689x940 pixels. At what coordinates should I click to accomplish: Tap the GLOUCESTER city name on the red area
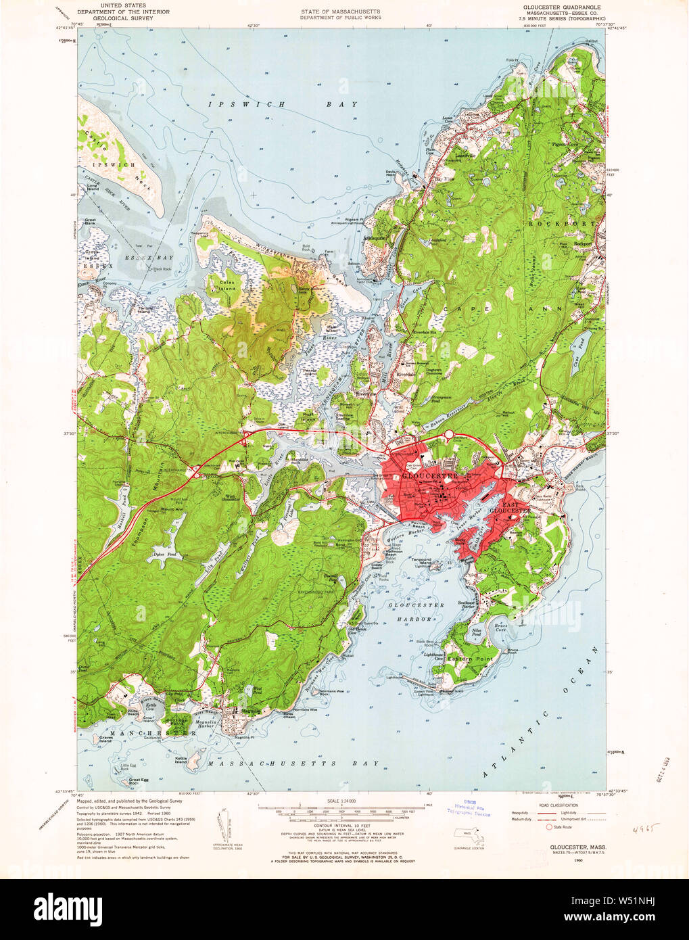[x=429, y=477]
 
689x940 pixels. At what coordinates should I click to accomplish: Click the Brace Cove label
[x=500, y=627]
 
